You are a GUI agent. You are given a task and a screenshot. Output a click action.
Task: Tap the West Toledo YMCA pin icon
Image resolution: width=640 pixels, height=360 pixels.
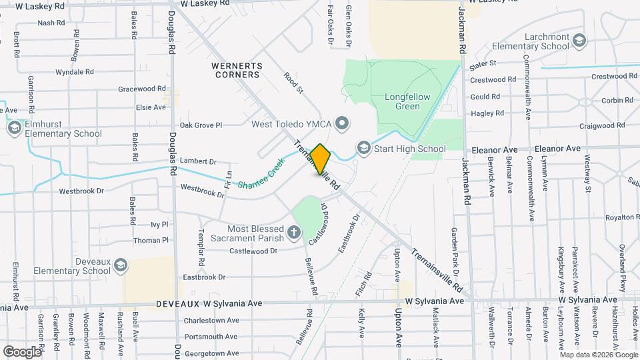[x=342, y=123]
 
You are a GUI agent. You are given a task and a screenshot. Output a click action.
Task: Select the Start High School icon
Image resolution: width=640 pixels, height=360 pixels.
[x=363, y=147]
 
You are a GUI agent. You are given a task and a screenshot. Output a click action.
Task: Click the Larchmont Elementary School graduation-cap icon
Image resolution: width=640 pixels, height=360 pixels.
[x=579, y=41]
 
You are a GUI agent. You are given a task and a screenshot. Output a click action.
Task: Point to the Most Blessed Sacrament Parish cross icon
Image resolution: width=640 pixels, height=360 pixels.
[x=294, y=233]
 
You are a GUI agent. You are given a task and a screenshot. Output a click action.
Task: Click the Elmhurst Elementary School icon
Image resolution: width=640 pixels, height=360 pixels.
[x=14, y=128]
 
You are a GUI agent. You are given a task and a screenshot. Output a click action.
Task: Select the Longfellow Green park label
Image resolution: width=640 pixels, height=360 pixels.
[x=407, y=101]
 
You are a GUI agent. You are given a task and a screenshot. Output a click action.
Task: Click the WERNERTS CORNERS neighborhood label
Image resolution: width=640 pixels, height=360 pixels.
[x=237, y=70]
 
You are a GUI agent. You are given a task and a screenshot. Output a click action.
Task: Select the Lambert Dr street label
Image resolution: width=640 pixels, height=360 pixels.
[x=199, y=161]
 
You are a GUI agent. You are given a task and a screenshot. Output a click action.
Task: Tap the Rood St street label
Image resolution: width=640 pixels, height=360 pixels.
[x=293, y=83]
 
